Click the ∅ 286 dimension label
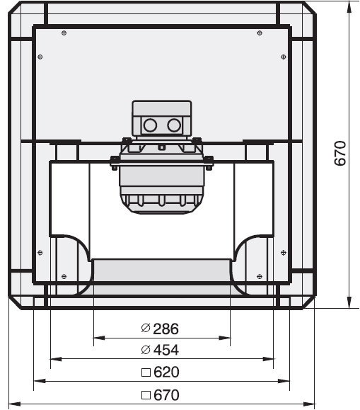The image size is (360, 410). [x=160, y=329]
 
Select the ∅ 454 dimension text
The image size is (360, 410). [x=160, y=350]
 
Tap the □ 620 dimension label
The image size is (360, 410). [x=160, y=372]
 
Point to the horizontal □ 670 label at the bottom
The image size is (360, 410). [x=160, y=395]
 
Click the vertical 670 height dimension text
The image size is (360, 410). [x=340, y=153]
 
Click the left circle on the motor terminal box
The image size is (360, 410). [x=150, y=125]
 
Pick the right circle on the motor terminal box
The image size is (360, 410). [x=174, y=125]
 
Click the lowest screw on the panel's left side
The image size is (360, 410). [x=64, y=276]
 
